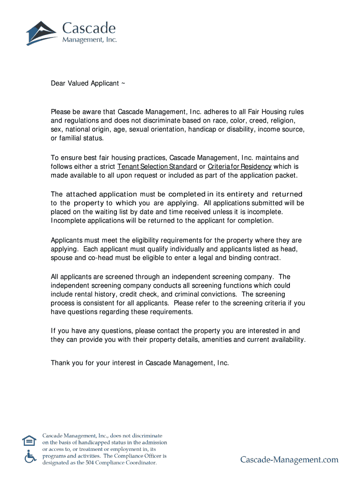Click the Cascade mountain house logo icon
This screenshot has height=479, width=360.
[x=42, y=33]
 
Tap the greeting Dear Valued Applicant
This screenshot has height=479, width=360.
[x=88, y=83]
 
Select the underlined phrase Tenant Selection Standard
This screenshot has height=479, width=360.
[x=157, y=167]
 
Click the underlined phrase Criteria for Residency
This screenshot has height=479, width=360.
[x=239, y=167]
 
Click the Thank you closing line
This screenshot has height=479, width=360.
[x=140, y=363]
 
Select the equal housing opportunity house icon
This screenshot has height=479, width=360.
[x=29, y=441]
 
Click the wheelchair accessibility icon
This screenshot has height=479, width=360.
[x=30, y=456]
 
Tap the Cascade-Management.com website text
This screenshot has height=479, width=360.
[x=289, y=460]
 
